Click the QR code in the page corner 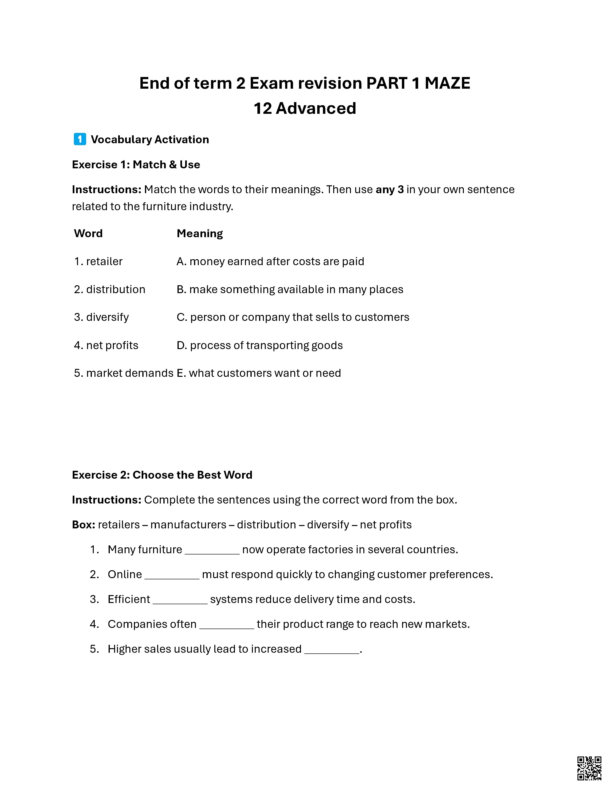point(589,768)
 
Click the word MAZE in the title point(447,83)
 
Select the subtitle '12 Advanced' point(305,108)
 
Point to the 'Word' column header point(88,233)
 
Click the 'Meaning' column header point(200,233)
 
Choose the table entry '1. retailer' point(98,261)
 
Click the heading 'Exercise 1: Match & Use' point(136,165)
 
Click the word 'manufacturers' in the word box point(188,525)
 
